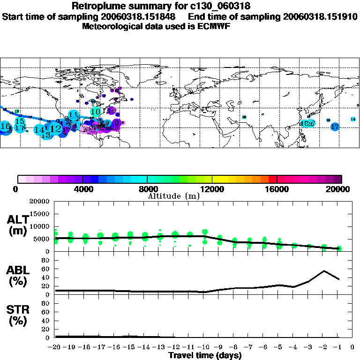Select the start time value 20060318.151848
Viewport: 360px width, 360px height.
pos(141,16)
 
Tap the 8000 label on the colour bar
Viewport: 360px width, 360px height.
pos(147,189)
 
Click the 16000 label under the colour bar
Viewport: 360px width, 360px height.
pos(277,189)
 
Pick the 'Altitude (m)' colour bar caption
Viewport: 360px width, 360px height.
pos(173,196)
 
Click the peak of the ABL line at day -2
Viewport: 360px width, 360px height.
pos(324,271)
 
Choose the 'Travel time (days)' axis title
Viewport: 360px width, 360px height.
pos(205,355)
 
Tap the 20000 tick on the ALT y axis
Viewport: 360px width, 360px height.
pos(41,202)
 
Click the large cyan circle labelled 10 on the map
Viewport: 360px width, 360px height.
pos(96,112)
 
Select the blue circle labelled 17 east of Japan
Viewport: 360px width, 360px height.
pos(335,127)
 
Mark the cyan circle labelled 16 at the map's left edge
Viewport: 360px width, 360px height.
pos(5,127)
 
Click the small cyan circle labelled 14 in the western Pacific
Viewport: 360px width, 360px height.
pos(353,119)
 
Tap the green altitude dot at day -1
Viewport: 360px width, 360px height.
pos(339,248)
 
